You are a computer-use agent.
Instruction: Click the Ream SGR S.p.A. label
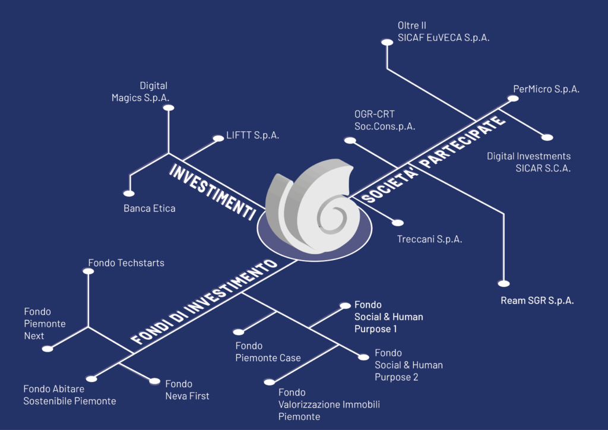pyautogui.click(x=537, y=301)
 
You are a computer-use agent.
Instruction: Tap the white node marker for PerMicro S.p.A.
pyautogui.click(x=513, y=99)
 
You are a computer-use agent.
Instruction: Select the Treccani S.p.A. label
pyautogui.click(x=430, y=239)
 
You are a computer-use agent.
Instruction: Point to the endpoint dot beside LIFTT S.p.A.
pyautogui.click(x=218, y=138)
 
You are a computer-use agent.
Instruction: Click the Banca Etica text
pyautogui.click(x=149, y=208)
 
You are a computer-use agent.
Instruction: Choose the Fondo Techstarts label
pyautogui.click(x=126, y=263)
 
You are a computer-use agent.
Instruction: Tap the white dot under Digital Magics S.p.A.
pyautogui.click(x=168, y=107)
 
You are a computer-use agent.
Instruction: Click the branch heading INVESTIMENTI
pyautogui.click(x=213, y=192)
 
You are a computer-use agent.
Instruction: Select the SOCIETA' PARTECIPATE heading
pyautogui.click(x=433, y=159)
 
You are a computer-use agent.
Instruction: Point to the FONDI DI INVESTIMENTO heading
pyautogui.click(x=204, y=301)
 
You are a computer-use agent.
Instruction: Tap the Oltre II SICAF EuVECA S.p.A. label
pyautogui.click(x=444, y=31)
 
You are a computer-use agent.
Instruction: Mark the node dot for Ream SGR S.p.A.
pyautogui.click(x=503, y=284)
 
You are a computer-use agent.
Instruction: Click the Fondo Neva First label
pyautogui.click(x=187, y=390)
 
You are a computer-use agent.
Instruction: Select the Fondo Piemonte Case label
pyautogui.click(x=268, y=352)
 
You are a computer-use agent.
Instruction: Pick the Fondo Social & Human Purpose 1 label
pyautogui.click(x=388, y=317)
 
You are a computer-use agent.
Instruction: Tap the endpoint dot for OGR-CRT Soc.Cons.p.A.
pyautogui.click(x=350, y=140)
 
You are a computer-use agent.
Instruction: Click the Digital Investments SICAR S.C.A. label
pyautogui.click(x=529, y=162)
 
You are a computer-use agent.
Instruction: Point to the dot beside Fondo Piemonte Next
pyautogui.click(x=47, y=349)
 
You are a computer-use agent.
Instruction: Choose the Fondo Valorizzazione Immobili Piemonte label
pyautogui.click(x=329, y=404)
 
